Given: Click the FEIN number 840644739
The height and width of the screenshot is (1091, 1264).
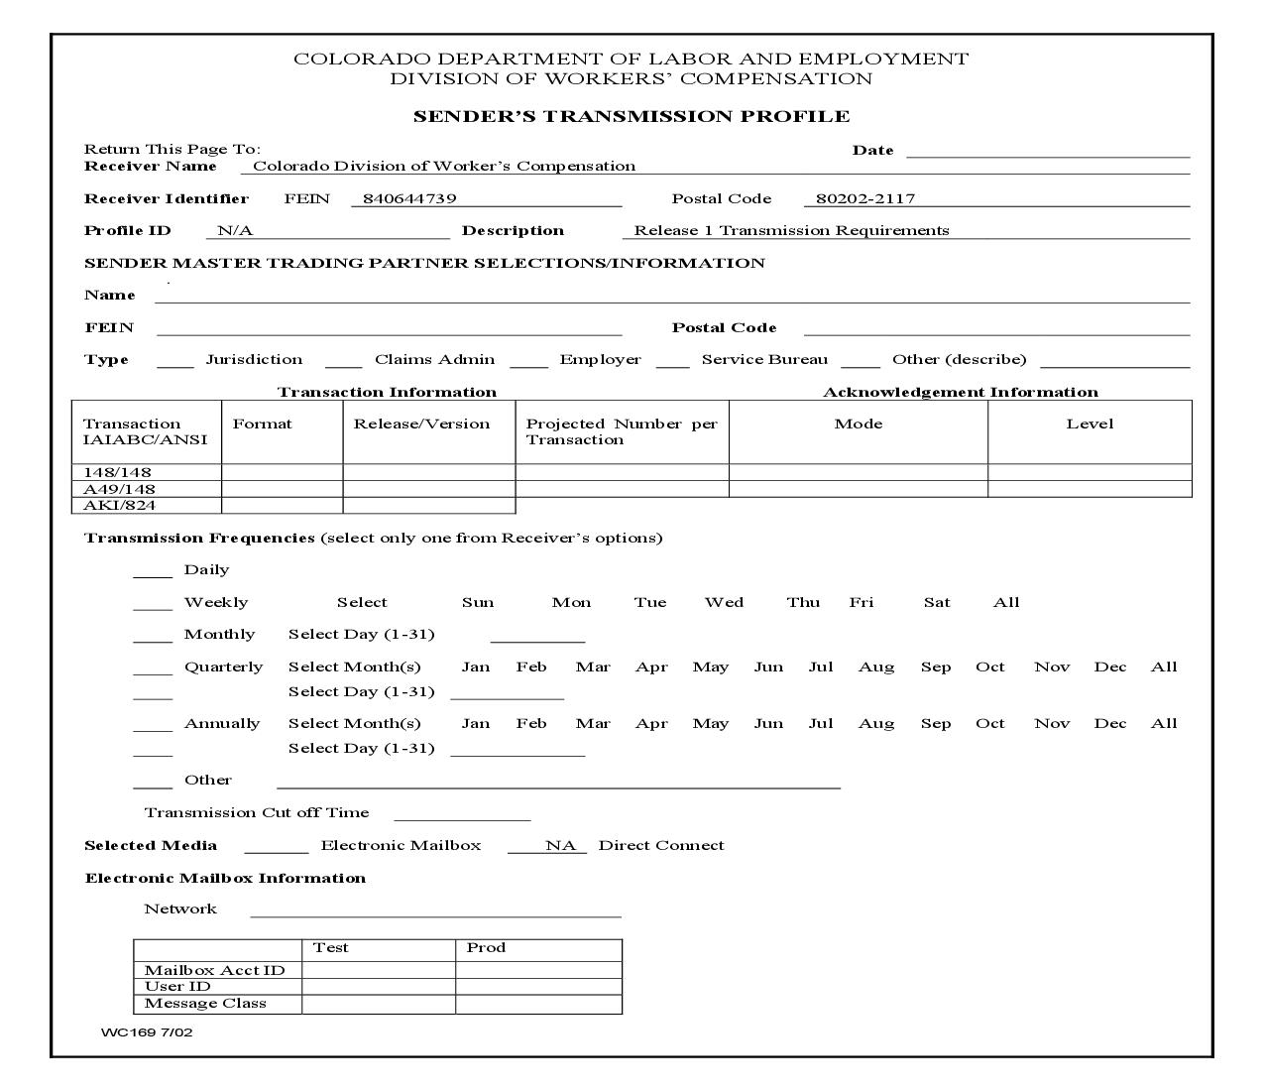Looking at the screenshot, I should click(x=409, y=198).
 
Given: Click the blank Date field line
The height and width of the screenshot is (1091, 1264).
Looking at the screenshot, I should click(x=1047, y=151).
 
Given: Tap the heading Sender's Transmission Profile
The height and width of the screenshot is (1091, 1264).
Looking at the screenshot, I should click(x=632, y=116).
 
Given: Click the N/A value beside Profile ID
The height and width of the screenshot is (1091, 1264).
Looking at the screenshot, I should click(x=235, y=230).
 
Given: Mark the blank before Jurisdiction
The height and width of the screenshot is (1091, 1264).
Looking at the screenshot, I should click(x=175, y=361).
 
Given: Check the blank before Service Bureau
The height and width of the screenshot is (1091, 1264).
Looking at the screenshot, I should click(x=672, y=361).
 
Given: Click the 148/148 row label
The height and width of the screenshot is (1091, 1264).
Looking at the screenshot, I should click(x=118, y=472).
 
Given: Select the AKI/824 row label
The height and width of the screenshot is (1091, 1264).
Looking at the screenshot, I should click(x=119, y=505).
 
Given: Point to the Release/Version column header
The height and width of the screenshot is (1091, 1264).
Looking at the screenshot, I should click(x=421, y=424).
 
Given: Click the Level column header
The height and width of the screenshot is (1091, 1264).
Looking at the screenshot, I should click(x=1090, y=424).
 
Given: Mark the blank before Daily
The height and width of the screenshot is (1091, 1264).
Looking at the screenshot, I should click(x=153, y=571).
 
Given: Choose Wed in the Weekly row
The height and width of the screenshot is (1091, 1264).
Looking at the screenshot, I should click(x=724, y=602).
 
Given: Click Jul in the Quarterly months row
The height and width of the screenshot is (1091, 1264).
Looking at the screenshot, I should click(x=820, y=667).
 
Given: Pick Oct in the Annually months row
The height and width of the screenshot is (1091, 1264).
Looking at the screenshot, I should click(x=989, y=723).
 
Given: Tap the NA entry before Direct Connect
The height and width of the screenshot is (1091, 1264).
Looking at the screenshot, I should click(x=559, y=845).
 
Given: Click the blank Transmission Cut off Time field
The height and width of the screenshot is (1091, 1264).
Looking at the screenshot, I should click(x=462, y=814).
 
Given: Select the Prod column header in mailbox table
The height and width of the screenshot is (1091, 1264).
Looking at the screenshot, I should click(x=486, y=947).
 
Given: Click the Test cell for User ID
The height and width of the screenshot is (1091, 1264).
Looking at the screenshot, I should click(x=378, y=986).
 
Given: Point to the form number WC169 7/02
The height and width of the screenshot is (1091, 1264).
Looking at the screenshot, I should click(x=147, y=1032).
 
